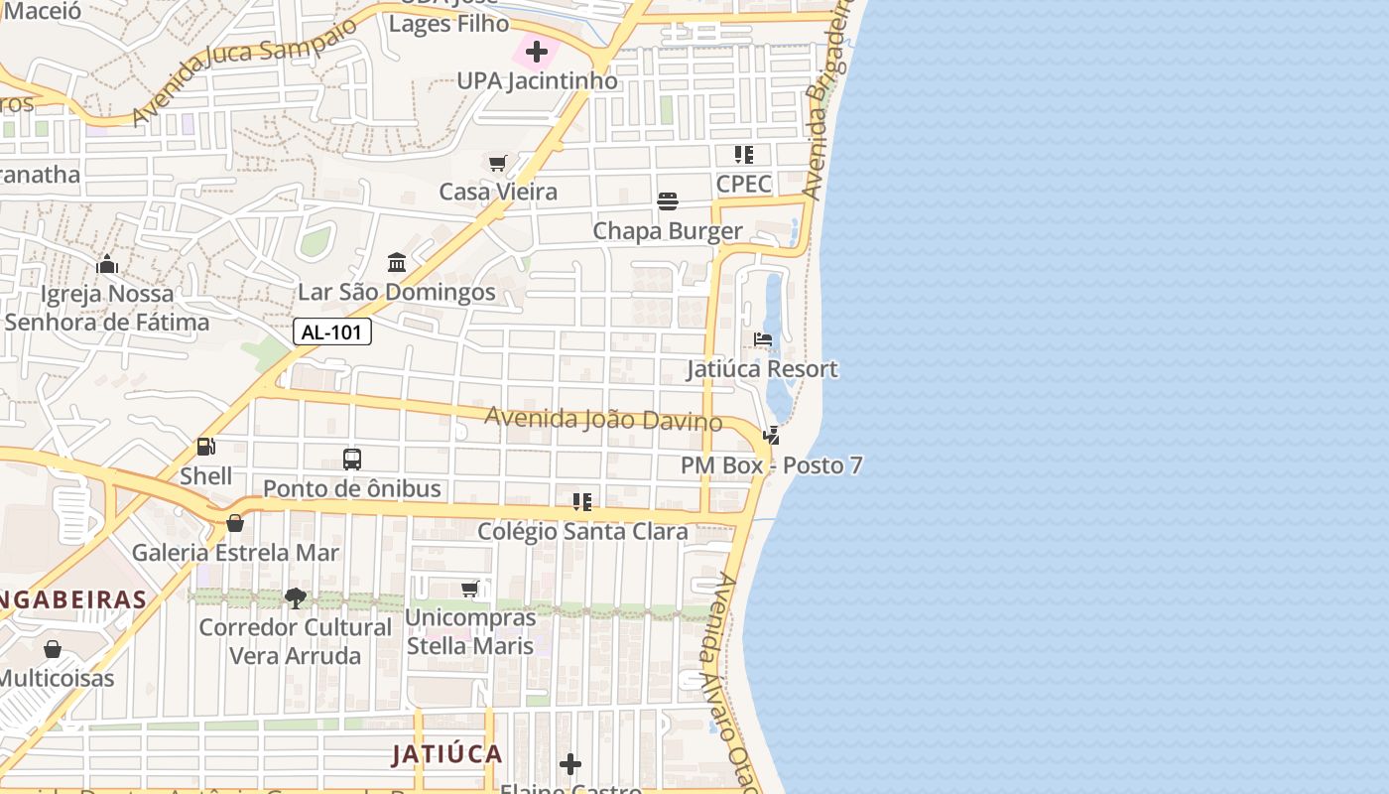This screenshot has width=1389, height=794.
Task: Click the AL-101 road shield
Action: point(331,331)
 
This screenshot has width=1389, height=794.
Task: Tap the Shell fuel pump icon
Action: point(206,447)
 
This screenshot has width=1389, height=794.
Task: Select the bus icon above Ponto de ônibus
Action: point(352,459)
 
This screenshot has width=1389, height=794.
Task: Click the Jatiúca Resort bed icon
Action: point(763,339)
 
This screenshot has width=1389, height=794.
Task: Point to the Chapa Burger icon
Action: point(668,201)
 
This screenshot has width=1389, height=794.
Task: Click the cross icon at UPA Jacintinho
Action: point(537,51)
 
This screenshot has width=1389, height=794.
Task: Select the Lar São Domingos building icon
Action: point(397,263)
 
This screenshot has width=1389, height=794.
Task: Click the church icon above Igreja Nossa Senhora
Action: point(107,264)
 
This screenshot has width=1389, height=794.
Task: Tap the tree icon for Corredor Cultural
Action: point(295,597)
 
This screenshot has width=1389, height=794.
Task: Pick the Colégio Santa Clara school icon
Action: point(582,502)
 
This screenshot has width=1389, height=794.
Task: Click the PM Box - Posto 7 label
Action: point(771,465)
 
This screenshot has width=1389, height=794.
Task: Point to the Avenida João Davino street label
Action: point(603,419)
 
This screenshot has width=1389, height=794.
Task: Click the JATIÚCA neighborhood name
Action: point(446,754)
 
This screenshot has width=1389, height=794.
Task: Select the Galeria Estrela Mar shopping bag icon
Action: point(235,523)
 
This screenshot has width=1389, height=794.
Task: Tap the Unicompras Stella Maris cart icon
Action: point(470,589)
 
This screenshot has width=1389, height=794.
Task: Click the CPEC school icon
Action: point(744,155)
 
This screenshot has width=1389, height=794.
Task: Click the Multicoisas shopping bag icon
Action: point(53,649)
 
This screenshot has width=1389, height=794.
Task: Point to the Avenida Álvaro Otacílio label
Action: point(734,675)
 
